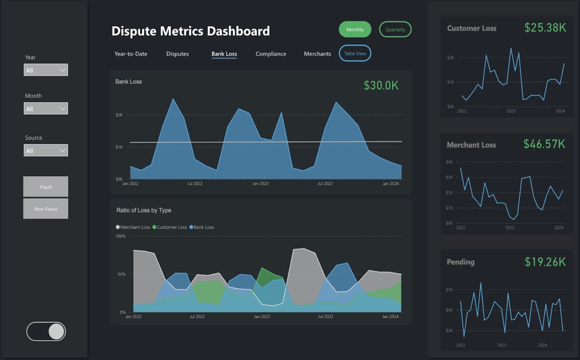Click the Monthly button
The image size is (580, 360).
pos(355,29)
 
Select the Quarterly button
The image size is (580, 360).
pos(395,29)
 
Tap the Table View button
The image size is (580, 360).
pos(355,54)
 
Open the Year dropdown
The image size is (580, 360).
pos(46,70)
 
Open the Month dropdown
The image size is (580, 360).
pos(46,108)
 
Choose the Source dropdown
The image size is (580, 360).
pos(46,150)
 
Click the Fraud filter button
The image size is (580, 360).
pos(45,187)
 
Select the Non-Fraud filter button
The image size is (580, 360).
pos(45,209)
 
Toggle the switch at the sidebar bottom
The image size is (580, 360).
pos(46,331)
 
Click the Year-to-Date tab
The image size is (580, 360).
pos(131,54)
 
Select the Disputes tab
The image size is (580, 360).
pos(178,54)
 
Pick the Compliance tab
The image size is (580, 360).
pos(271,54)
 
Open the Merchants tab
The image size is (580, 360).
pos(317,54)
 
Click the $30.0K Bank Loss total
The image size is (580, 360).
pos(381,85)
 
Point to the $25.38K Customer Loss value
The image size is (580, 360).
pos(545,28)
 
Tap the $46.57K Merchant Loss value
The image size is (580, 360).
pos(544,144)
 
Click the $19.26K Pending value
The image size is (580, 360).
pos(545,262)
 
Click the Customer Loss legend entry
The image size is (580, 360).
pos(170,227)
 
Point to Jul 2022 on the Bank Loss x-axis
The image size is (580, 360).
pos(195,184)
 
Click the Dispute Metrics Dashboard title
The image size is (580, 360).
pos(190,31)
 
